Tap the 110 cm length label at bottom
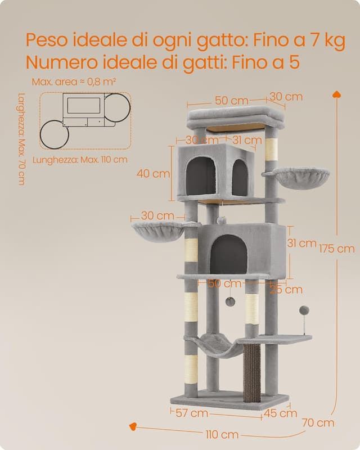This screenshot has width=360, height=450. (221, 434)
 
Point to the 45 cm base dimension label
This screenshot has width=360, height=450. (281, 413)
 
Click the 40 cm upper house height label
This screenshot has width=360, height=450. (153, 174)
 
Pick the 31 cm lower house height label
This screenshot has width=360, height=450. (300, 243)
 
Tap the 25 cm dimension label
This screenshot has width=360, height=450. (285, 290)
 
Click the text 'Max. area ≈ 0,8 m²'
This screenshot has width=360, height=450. (74, 82)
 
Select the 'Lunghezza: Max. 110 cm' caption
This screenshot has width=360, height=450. (80, 159)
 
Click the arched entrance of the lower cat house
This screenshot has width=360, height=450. (228, 253)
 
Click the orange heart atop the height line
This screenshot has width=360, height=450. (336, 94)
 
